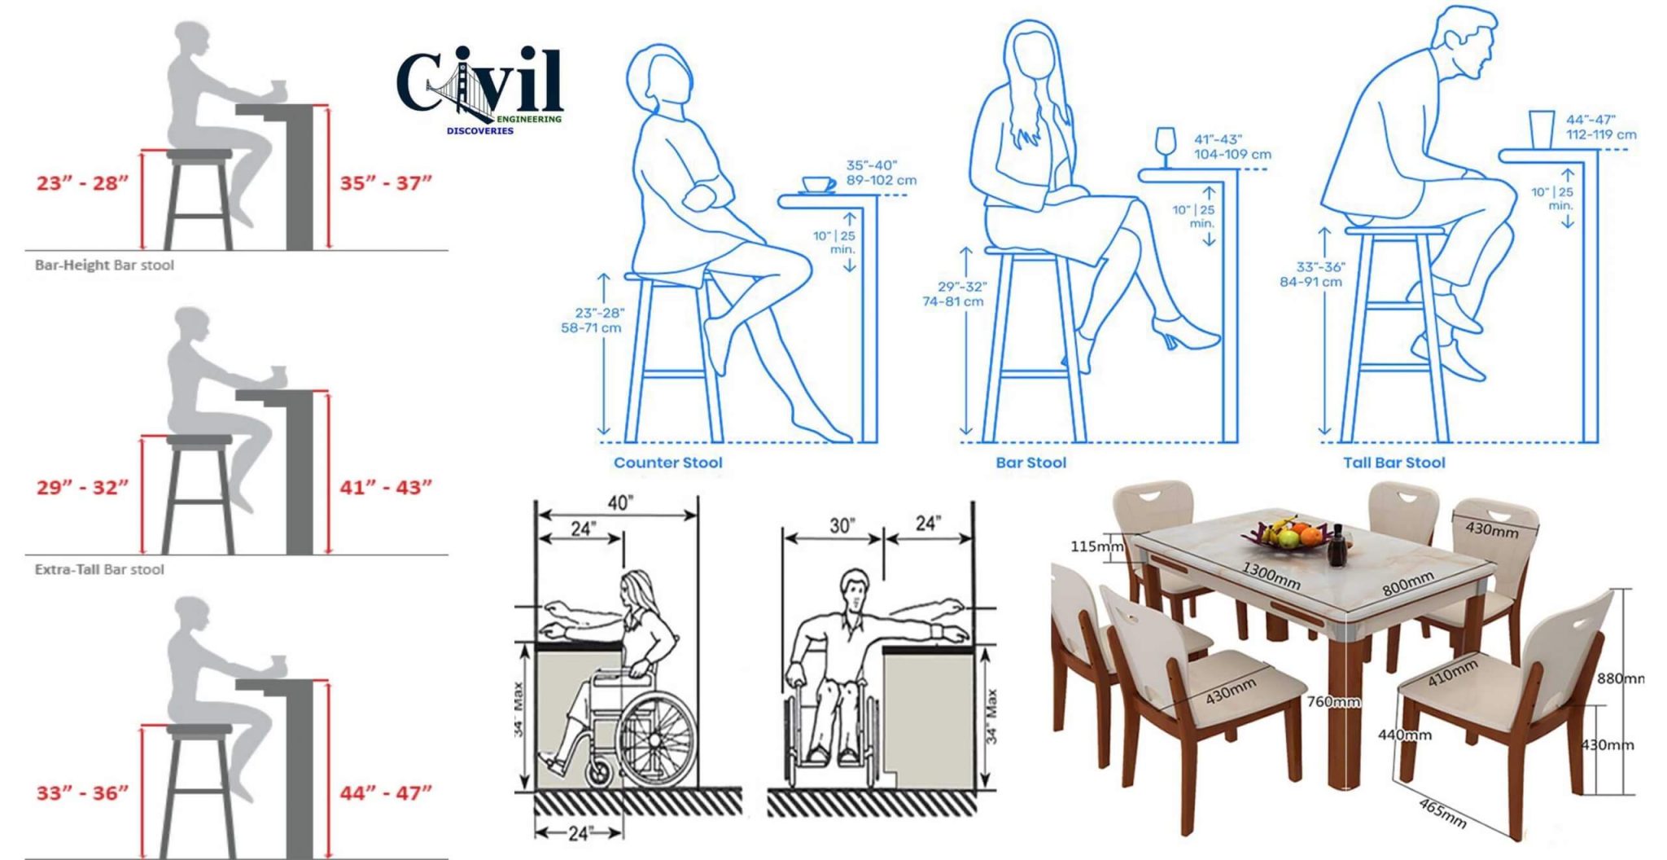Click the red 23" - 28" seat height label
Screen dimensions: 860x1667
point(82,183)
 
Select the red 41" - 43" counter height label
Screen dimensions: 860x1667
point(385,488)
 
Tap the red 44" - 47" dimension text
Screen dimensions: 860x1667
point(385,792)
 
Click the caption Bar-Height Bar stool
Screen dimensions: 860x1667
point(104,265)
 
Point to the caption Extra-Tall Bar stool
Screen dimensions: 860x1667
point(99,570)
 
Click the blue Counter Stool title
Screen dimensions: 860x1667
point(667,463)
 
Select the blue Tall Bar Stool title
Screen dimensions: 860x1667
point(1394,463)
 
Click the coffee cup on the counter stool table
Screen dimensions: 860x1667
point(818,185)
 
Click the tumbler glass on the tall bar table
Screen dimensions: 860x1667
point(1541,129)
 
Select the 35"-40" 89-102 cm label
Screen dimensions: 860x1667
point(881,173)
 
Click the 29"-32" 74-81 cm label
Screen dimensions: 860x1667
point(953,294)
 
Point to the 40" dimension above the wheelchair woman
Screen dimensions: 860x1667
point(619,503)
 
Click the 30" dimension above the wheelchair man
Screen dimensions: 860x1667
point(842,526)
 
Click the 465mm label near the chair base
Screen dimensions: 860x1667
point(1442,813)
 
